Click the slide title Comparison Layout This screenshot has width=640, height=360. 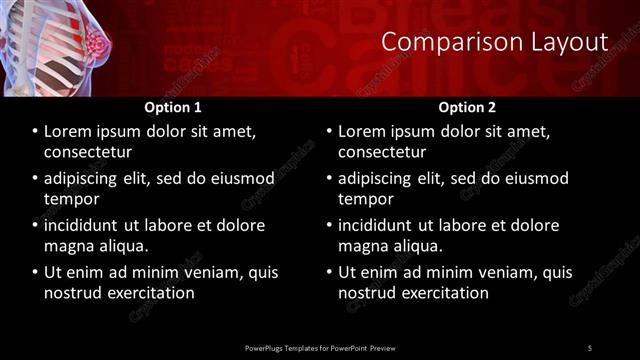(495, 42)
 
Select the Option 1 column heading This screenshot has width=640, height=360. (173, 106)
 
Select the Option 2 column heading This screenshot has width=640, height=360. (466, 106)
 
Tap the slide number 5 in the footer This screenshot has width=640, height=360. (590, 347)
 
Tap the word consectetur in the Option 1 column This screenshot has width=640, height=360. (88, 152)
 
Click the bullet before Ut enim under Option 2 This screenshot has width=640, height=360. (329, 272)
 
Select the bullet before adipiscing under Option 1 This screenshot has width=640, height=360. (35, 178)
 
